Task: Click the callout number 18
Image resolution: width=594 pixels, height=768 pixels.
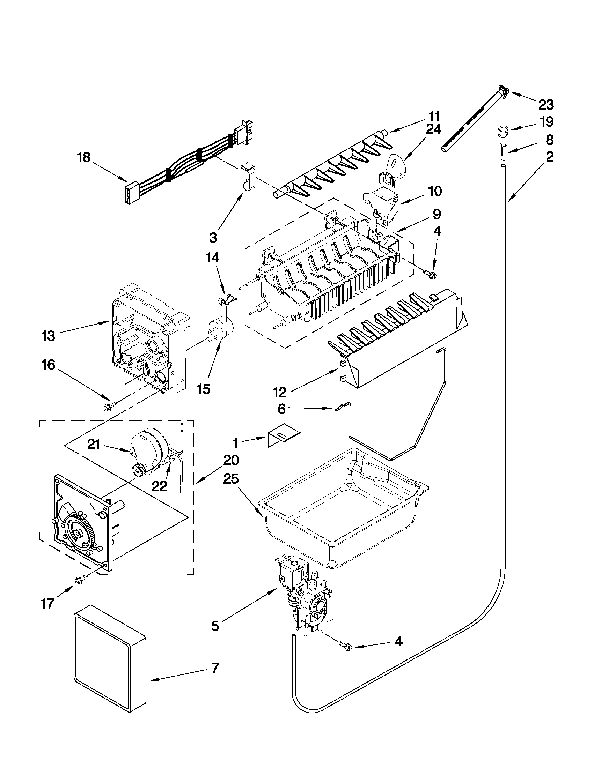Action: click(84, 157)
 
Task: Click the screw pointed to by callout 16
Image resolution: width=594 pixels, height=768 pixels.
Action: click(107, 407)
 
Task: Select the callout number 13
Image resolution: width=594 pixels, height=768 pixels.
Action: click(48, 336)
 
